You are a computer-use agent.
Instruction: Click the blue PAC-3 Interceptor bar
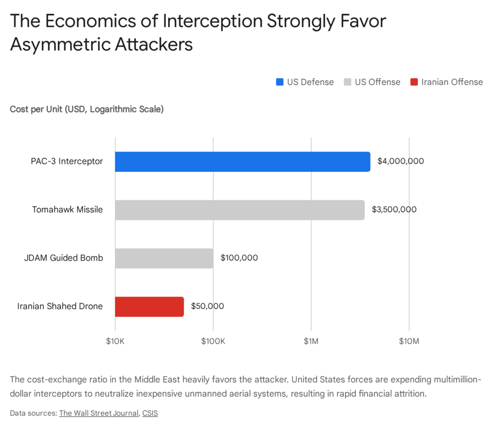pyautogui.click(x=242, y=162)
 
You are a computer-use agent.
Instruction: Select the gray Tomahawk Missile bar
pyautogui.click(x=239, y=210)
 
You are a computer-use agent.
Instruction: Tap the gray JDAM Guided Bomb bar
pyautogui.click(x=164, y=258)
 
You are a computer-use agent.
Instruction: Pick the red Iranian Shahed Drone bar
pyautogui.click(x=149, y=306)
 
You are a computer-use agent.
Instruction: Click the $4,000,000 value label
pyautogui.click(x=401, y=162)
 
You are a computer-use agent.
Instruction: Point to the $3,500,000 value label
pyautogui.click(x=394, y=210)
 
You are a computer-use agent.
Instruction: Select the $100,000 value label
pyautogui.click(x=239, y=258)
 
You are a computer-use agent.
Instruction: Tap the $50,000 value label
pyautogui.click(x=207, y=306)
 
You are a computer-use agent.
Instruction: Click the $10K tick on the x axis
pyautogui.click(x=115, y=341)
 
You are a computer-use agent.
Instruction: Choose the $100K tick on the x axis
pyautogui.click(x=213, y=341)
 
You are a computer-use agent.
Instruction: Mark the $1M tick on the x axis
pyautogui.click(x=311, y=341)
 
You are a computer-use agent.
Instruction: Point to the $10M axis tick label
pyautogui.click(x=409, y=341)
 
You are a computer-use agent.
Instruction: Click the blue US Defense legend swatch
pyautogui.click(x=280, y=82)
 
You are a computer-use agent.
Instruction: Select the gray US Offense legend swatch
pyautogui.click(x=348, y=82)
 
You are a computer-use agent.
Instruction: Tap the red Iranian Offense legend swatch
pyautogui.click(x=414, y=82)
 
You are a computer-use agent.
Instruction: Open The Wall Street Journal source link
pyautogui.click(x=98, y=413)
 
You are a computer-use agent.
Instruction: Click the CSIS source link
pyautogui.click(x=150, y=413)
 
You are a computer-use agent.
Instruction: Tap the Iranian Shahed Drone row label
pyautogui.click(x=60, y=306)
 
